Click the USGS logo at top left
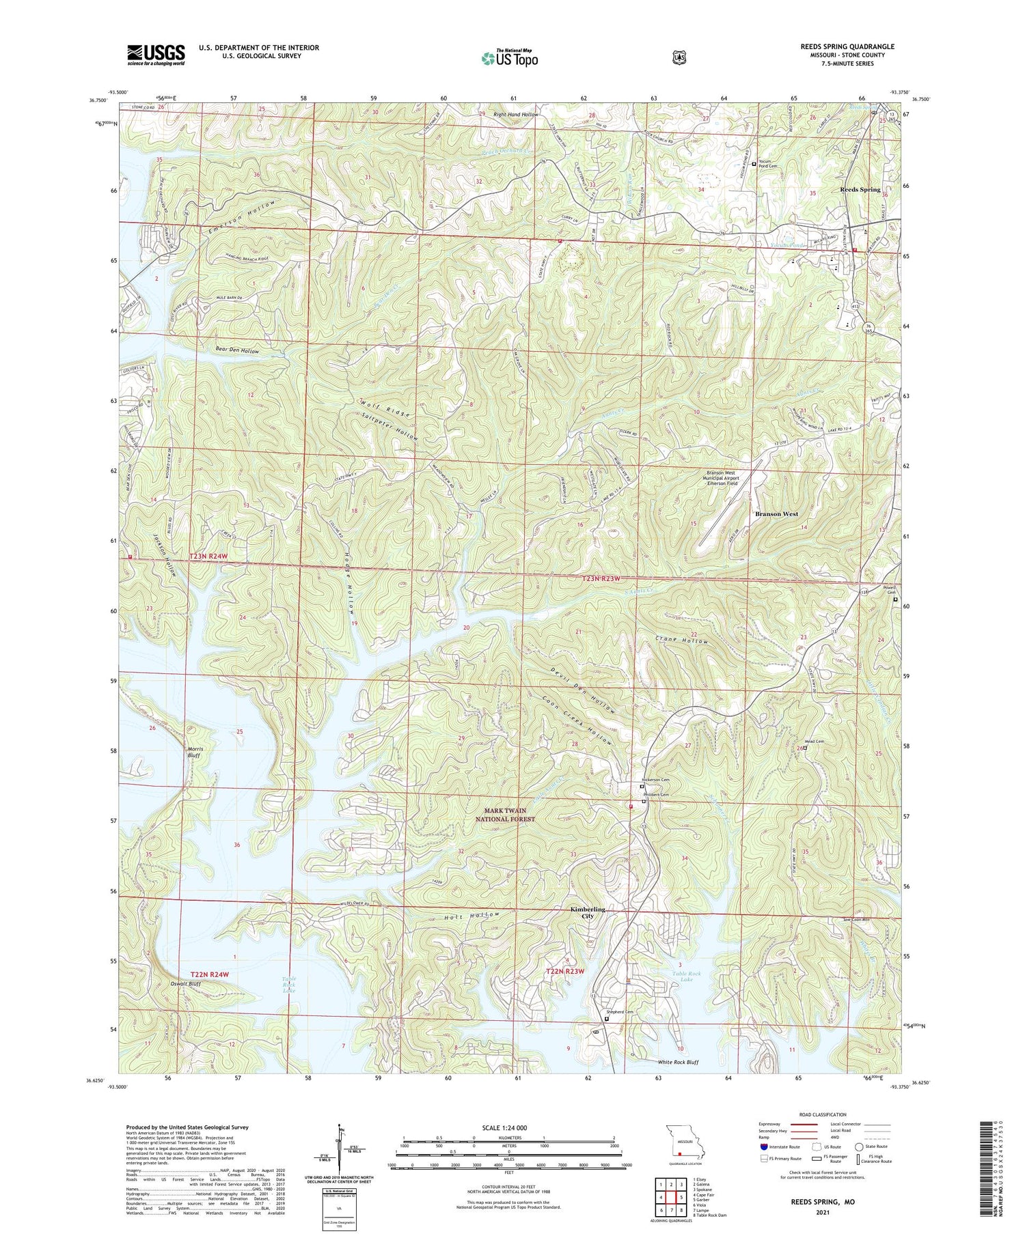click(156, 55)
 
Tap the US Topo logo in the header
click(509, 58)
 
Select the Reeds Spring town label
click(860, 189)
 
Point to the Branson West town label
click(776, 514)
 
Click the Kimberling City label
click(588, 913)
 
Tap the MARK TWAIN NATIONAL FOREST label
click(506, 815)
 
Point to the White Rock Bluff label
click(678, 1062)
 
